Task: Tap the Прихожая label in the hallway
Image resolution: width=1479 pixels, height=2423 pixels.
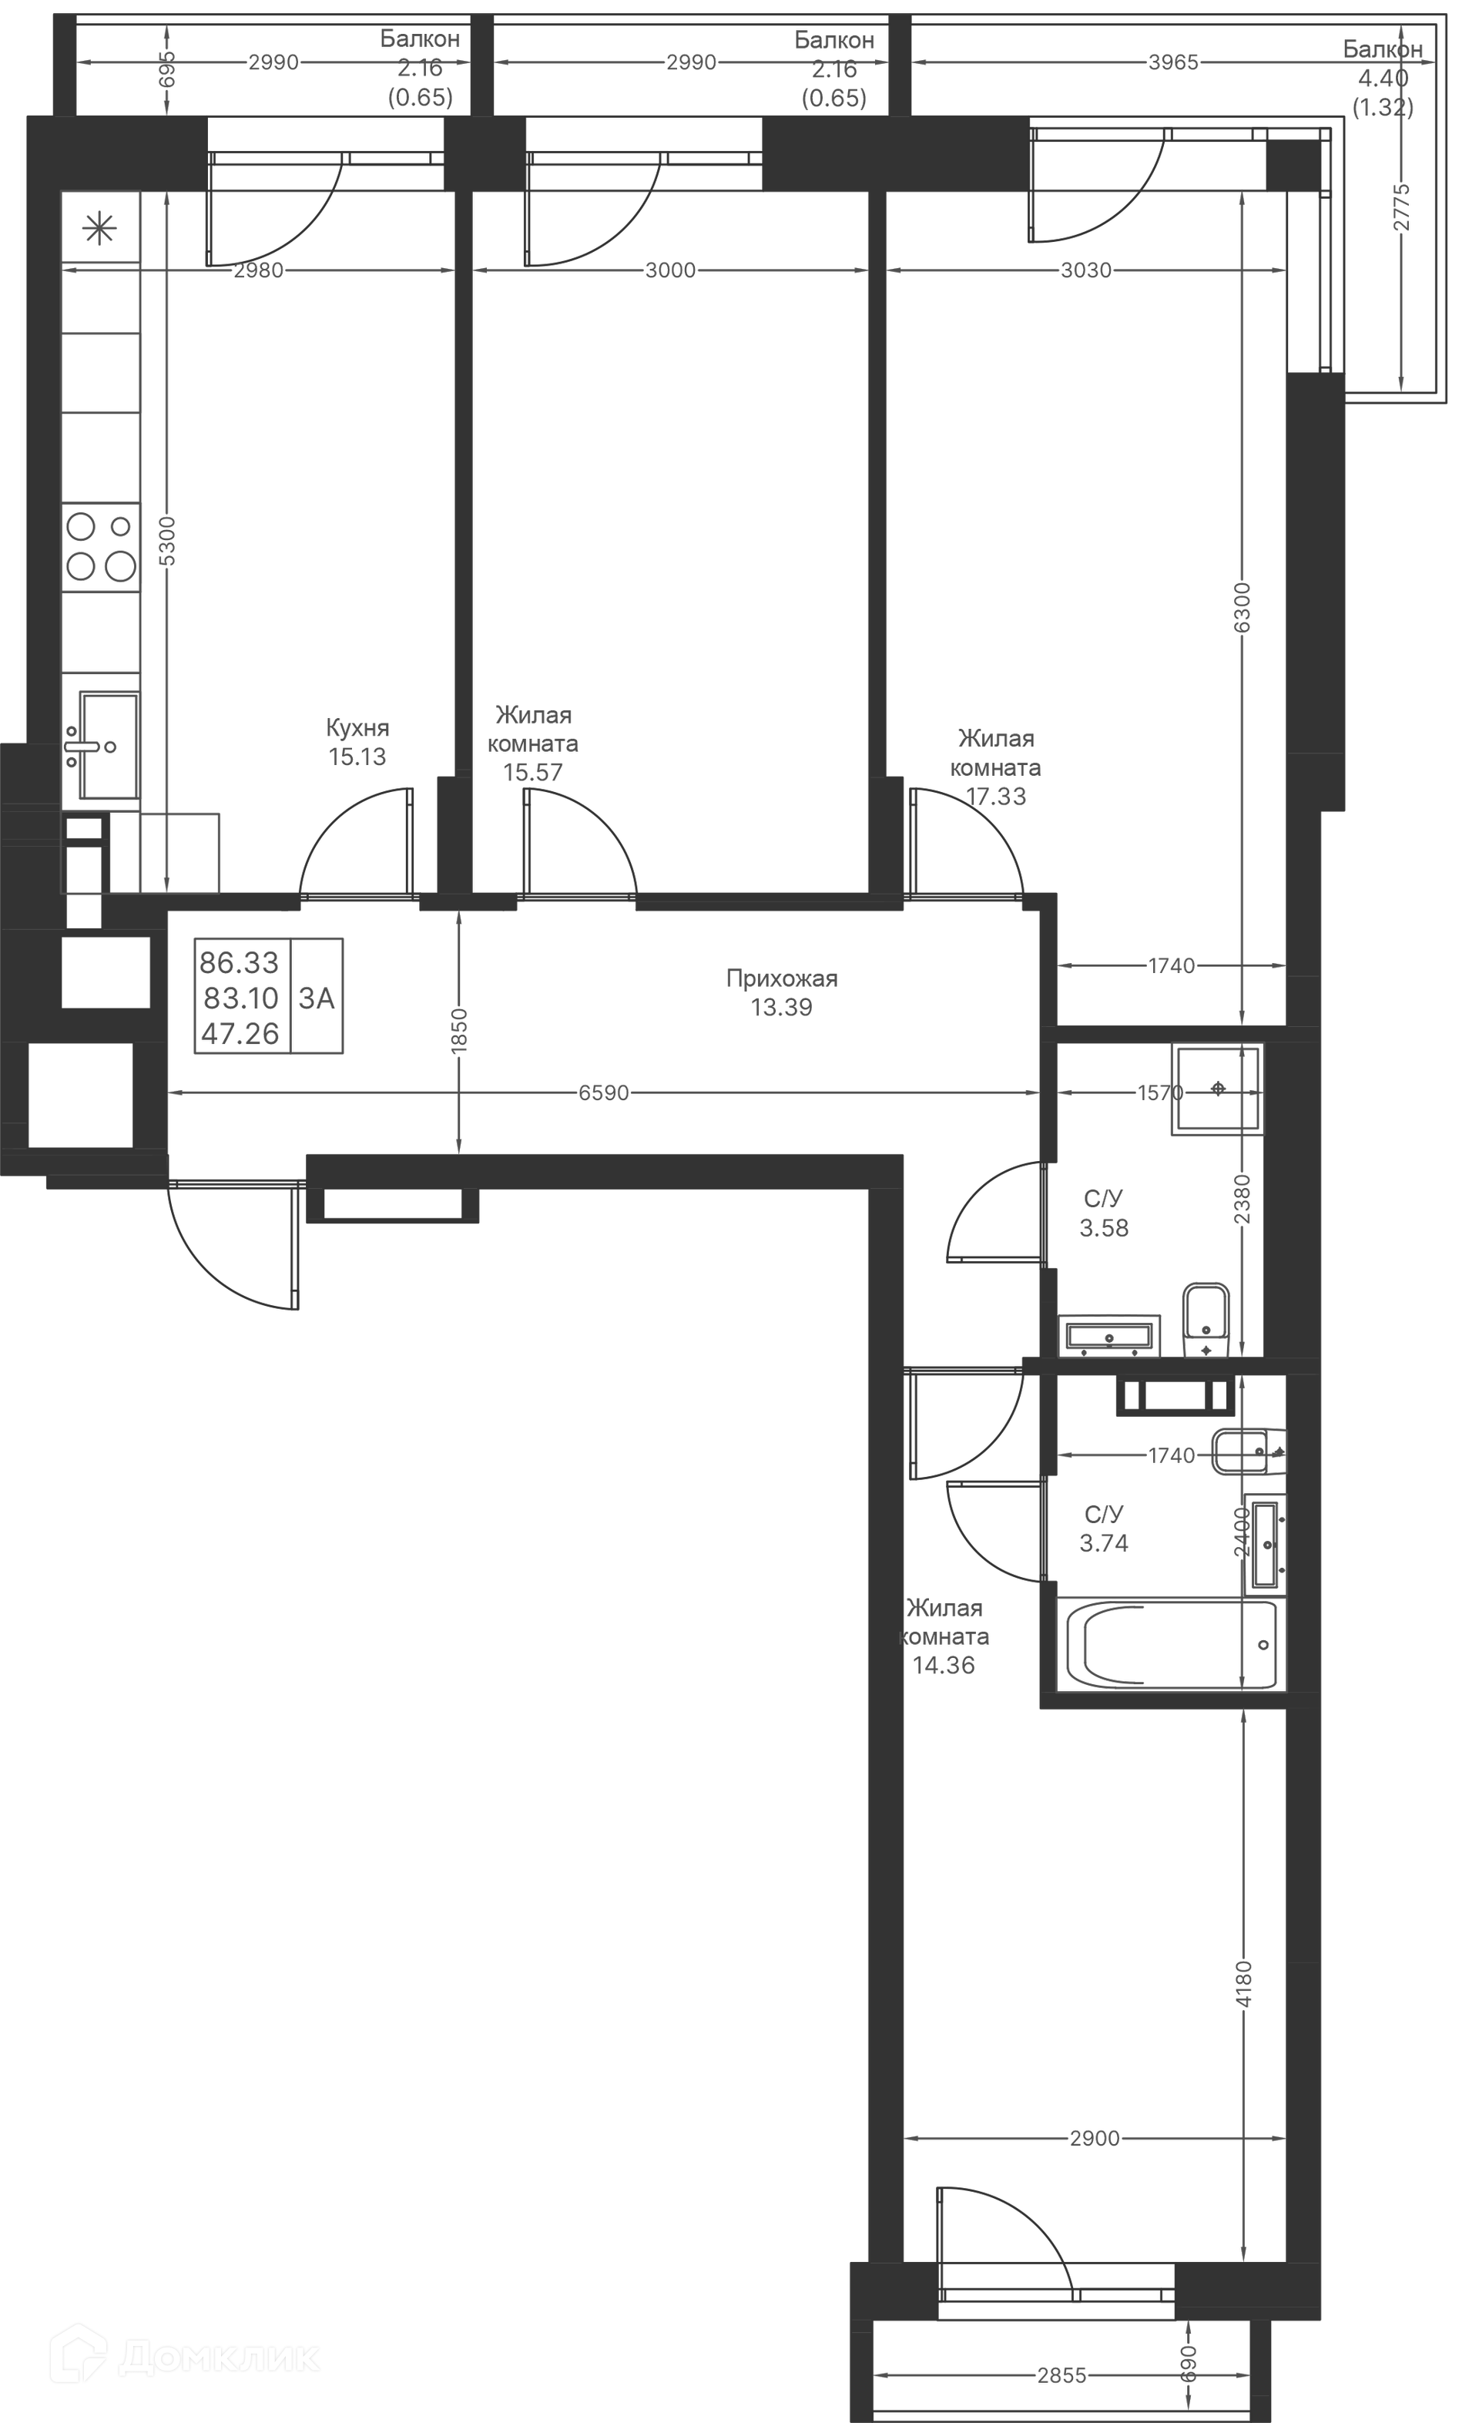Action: coord(782,978)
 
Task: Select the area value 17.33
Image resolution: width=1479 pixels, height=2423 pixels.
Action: coord(996,797)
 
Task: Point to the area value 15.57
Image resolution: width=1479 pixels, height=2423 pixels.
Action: coord(533,772)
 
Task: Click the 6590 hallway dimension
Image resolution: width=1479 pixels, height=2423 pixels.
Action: coord(603,1092)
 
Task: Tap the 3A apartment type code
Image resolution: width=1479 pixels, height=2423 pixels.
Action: coord(317,998)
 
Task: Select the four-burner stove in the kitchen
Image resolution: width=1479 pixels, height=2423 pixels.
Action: coord(100,547)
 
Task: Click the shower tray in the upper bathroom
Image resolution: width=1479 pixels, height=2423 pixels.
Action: coord(1216,1089)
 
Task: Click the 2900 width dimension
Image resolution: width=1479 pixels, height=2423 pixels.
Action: coord(1095,2138)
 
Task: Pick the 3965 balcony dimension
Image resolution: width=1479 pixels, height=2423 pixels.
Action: coord(1173,62)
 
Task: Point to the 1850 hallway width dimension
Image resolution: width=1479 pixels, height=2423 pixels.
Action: coord(459,1031)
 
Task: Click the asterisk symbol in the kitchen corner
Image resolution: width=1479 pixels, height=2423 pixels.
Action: coord(99,229)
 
